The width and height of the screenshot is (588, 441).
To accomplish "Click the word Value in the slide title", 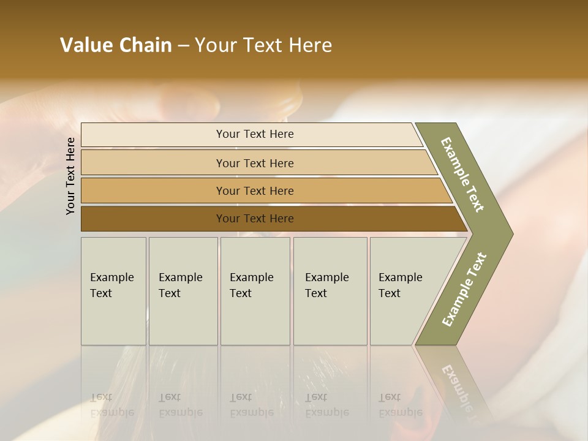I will pos(87,45).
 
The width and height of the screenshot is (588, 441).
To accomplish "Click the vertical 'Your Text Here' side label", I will pos(70,176).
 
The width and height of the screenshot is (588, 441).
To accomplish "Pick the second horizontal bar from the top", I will pos(254,163).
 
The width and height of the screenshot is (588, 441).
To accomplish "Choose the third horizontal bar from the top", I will pos(254,190).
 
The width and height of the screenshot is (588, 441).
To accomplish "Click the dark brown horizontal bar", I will pos(254,219).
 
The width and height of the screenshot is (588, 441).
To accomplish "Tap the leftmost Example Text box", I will pos(113,291).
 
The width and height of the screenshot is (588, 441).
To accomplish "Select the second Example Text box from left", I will pos(183,291).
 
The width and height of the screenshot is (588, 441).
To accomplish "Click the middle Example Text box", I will pos(255,291).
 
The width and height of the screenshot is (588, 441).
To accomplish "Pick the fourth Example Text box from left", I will pos(330,291).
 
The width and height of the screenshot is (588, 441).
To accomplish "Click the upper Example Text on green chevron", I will pos(462,175).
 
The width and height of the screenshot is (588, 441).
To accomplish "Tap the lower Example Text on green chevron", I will pos(464,290).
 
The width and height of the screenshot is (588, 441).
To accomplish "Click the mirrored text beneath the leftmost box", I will pos(112,405).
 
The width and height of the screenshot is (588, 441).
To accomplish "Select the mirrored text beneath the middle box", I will pos(252,405).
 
